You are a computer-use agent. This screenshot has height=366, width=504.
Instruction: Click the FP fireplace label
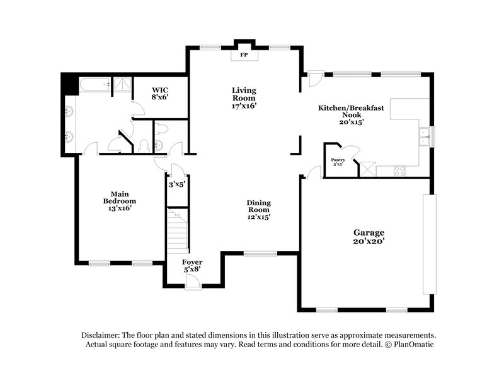pos(243,55)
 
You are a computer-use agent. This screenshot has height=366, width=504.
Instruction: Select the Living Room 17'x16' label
pos(243,98)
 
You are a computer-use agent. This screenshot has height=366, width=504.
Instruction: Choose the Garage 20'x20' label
pos(369,236)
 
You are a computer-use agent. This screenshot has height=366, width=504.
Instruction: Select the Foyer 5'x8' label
pos(192,265)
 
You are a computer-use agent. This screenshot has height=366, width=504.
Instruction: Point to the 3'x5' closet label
pos(177,184)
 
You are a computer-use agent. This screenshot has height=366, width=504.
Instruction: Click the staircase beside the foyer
pos(177,233)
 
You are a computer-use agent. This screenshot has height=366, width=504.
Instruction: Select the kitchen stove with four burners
pos(400,170)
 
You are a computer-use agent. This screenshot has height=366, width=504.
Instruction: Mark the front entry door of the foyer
pos(192,284)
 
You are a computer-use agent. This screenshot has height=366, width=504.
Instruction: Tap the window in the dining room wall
pos(256,253)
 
